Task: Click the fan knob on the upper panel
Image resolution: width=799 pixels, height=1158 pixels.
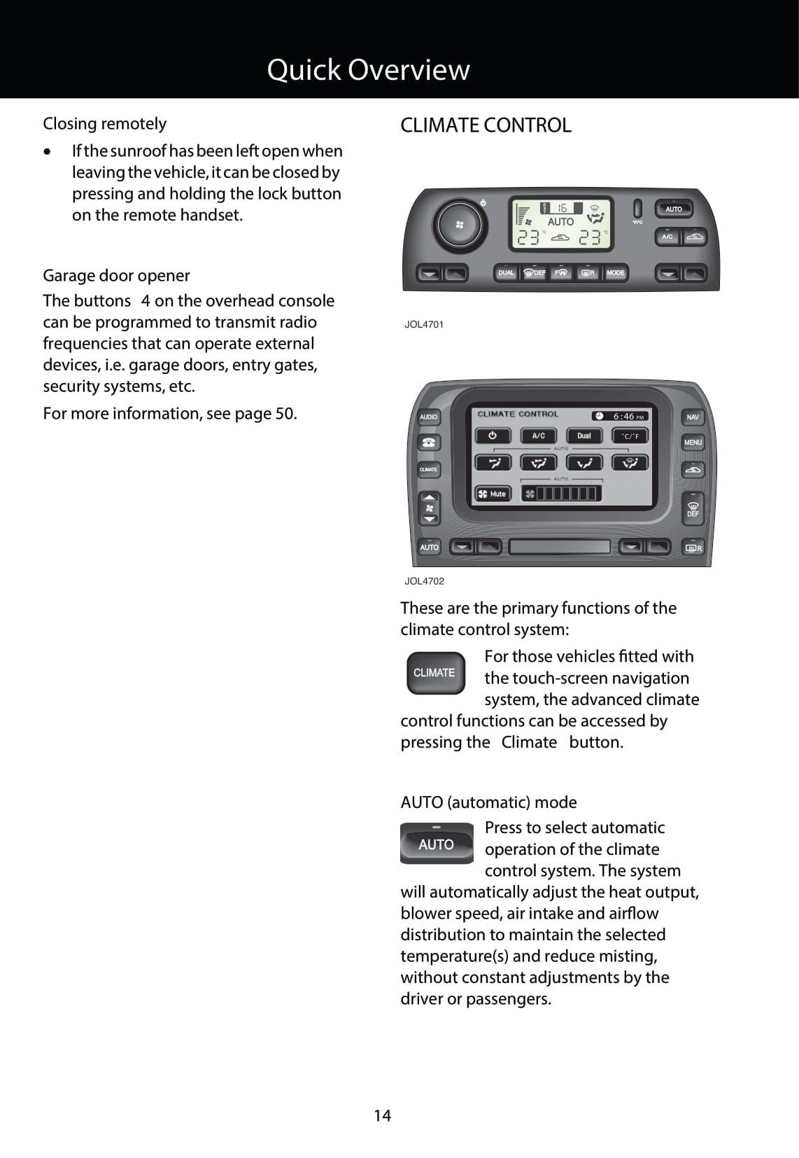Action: pyautogui.click(x=459, y=225)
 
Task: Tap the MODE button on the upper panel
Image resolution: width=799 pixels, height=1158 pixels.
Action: pyautogui.click(x=615, y=272)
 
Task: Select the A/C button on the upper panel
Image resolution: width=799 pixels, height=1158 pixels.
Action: pyautogui.click(x=667, y=237)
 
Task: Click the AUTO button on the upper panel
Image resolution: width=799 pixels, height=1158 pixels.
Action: pyautogui.click(x=673, y=209)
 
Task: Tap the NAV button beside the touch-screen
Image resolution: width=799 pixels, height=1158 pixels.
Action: pyautogui.click(x=693, y=417)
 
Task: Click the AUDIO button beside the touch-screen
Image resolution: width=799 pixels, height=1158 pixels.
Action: pyautogui.click(x=428, y=417)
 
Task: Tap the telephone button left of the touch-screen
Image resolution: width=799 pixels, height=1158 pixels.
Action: pyautogui.click(x=428, y=442)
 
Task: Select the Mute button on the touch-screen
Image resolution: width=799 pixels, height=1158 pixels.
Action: pyautogui.click(x=493, y=494)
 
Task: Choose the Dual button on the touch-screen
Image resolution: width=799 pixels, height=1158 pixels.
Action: pyautogui.click(x=584, y=435)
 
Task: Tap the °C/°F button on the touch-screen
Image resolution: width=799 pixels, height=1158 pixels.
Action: pyautogui.click(x=630, y=435)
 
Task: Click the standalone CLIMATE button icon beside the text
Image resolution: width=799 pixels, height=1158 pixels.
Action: pyautogui.click(x=435, y=673)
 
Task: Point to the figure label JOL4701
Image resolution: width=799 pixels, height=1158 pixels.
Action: pyautogui.click(x=424, y=324)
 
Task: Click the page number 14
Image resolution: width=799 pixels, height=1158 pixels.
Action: pyautogui.click(x=382, y=1115)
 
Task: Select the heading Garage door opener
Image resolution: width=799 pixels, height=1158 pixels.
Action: pyautogui.click(x=116, y=275)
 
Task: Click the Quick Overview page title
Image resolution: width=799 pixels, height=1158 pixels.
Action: pyautogui.click(x=368, y=69)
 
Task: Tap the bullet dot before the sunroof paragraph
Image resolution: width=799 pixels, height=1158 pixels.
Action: pyautogui.click(x=47, y=152)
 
